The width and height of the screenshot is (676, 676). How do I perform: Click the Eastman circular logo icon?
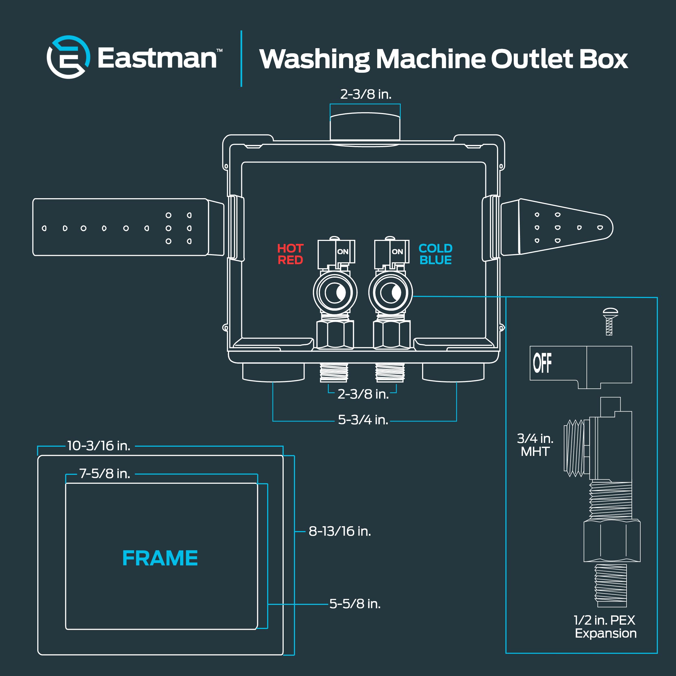coord(68,57)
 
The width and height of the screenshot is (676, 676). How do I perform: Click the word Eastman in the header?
coord(157,58)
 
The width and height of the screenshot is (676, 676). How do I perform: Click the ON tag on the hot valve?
coord(343,251)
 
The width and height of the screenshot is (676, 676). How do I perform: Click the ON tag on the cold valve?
coord(397,251)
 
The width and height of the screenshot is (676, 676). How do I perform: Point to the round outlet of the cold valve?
coord(390,293)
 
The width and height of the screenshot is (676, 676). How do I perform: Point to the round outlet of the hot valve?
coord(335,293)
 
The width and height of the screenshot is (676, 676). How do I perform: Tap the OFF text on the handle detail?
coord(542,363)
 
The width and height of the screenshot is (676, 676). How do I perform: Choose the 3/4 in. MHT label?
coord(535,445)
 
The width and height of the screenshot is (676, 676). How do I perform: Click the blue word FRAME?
coord(160,558)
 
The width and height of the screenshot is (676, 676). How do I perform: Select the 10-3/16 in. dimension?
coord(99,446)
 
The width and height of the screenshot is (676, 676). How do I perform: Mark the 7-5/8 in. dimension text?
coord(105,473)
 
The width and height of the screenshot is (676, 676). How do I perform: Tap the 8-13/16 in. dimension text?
coord(339,531)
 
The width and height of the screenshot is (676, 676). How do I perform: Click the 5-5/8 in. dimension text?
coord(355,604)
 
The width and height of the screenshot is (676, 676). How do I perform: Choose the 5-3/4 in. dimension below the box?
coord(363,420)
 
